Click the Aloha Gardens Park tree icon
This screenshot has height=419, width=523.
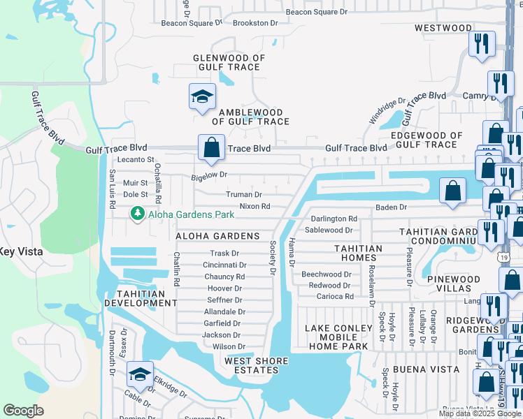click(x=138, y=213)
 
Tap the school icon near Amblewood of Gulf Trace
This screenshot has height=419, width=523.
click(x=202, y=97)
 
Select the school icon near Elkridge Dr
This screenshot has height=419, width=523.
click(x=140, y=375)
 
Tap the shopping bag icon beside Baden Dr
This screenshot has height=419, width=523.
click(x=453, y=191)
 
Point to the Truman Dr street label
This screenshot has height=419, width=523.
click(x=243, y=195)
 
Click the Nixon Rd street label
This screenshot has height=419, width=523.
click(x=255, y=207)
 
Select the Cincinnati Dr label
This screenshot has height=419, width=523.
click(x=224, y=265)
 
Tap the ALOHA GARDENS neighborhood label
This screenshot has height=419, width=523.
click(x=217, y=237)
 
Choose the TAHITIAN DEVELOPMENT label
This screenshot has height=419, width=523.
click(x=140, y=298)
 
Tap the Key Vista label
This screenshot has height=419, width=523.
click(x=20, y=251)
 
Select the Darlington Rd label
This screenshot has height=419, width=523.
click(x=334, y=219)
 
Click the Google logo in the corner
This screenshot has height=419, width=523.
click(x=24, y=411)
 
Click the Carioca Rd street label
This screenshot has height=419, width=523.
click(x=335, y=296)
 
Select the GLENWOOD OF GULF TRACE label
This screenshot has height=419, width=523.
click(x=229, y=63)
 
